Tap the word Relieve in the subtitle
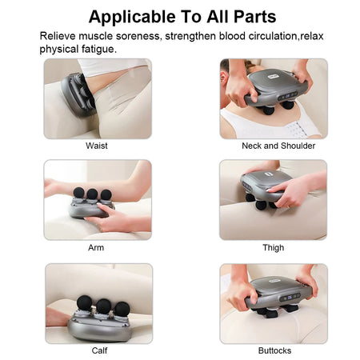[59, 36]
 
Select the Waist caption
[97, 146]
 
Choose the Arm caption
[96, 248]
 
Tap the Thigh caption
[273, 248]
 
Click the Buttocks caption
[274, 350]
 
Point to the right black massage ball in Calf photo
[122, 309]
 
